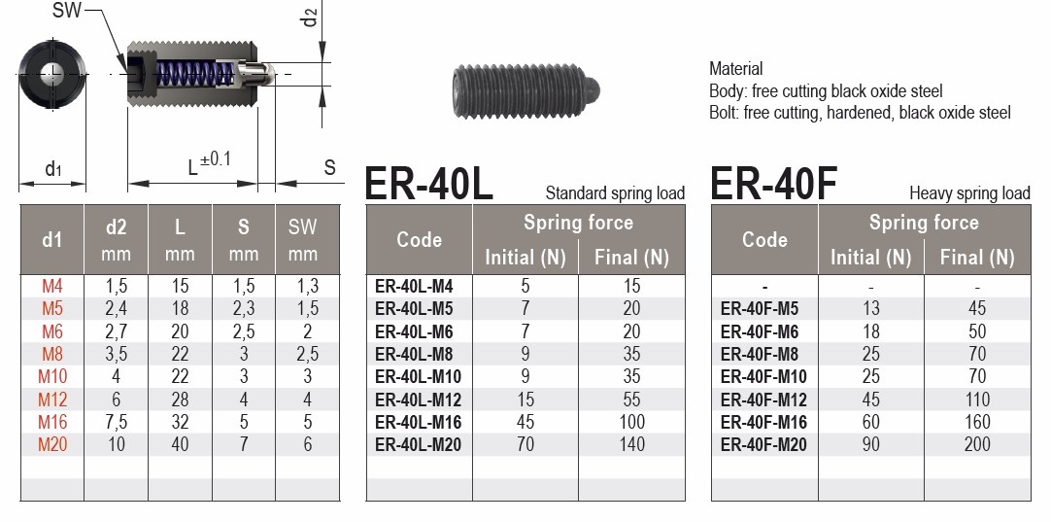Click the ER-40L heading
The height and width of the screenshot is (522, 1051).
tap(429, 184)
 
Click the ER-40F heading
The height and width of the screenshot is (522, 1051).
tap(774, 184)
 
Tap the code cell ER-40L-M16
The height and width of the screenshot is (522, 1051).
tap(418, 422)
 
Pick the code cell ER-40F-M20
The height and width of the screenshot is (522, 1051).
tap(763, 444)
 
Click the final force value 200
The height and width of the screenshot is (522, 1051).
tap(976, 444)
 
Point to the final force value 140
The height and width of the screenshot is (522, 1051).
tap(630, 444)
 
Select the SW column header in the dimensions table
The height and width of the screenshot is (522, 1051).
tap(303, 227)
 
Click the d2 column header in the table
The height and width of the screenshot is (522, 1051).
tap(117, 227)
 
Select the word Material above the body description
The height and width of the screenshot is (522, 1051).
tap(735, 69)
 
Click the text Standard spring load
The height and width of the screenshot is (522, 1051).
tap(615, 192)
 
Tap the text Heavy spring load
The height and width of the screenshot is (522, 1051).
tap(968, 192)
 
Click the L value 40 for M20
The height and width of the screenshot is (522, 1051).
tap(180, 444)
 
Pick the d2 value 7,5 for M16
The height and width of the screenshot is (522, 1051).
tap(117, 422)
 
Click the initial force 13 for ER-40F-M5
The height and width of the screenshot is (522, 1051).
tap(870, 308)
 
